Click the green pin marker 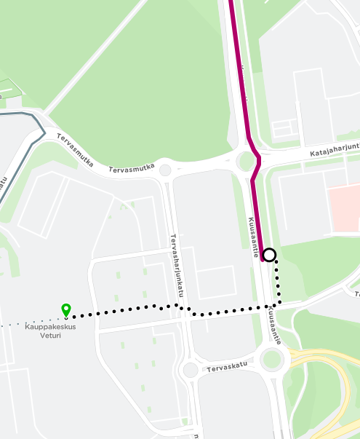[65, 310]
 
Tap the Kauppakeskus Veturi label [51, 331]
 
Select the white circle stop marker [269, 255]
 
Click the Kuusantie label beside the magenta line [254, 236]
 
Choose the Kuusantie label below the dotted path [273, 324]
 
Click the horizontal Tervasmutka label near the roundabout [132, 168]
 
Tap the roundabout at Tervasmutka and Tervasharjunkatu [165, 170]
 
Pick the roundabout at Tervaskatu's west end [190, 370]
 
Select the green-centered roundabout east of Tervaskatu [272, 358]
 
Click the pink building [343, 209]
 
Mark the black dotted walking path [218, 312]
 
